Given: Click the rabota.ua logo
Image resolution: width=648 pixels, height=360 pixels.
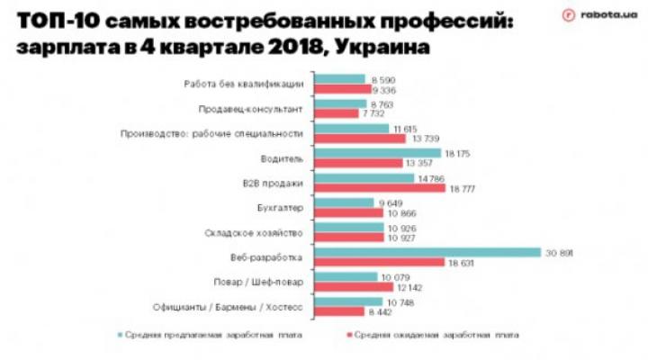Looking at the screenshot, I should (595, 15).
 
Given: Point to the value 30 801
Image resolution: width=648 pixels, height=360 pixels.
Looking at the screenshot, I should (559, 253).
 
